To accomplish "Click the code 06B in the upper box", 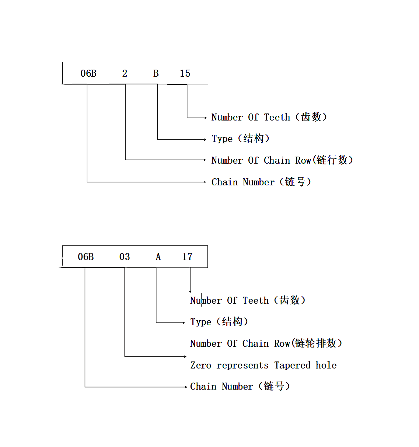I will (88, 73).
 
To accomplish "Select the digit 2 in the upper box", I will (125, 73).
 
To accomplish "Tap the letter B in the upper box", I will (156, 73).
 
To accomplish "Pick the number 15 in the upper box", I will (185, 73).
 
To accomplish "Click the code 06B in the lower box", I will (85, 256).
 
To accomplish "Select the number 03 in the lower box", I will (125, 256).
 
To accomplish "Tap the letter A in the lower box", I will (158, 256).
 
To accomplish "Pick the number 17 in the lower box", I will (187, 256).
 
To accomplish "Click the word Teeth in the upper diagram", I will (277, 117).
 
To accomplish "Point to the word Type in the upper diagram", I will (222, 139).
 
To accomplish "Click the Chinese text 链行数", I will (332, 160).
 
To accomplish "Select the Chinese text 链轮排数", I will (316, 343).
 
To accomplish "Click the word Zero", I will (200, 365).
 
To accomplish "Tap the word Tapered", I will (292, 365).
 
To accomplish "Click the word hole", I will (326, 365).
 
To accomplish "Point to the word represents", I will (242, 365).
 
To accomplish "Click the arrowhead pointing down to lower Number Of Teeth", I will (190, 291).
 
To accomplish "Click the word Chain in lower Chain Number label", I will (203, 387).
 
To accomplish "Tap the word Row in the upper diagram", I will (303, 160).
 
